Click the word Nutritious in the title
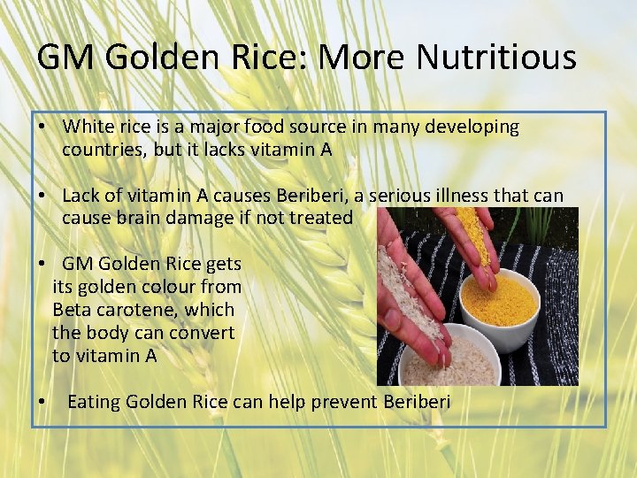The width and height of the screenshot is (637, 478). pyautogui.click(x=496, y=58)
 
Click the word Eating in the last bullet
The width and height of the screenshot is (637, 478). pyautogui.click(x=94, y=402)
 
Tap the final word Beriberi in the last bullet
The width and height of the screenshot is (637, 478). pyautogui.click(x=417, y=402)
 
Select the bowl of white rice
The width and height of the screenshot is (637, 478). pyautogui.click(x=435, y=358)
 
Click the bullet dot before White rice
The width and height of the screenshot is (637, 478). pyautogui.click(x=42, y=127)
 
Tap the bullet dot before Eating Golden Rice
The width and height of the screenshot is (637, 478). pyautogui.click(x=42, y=403)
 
